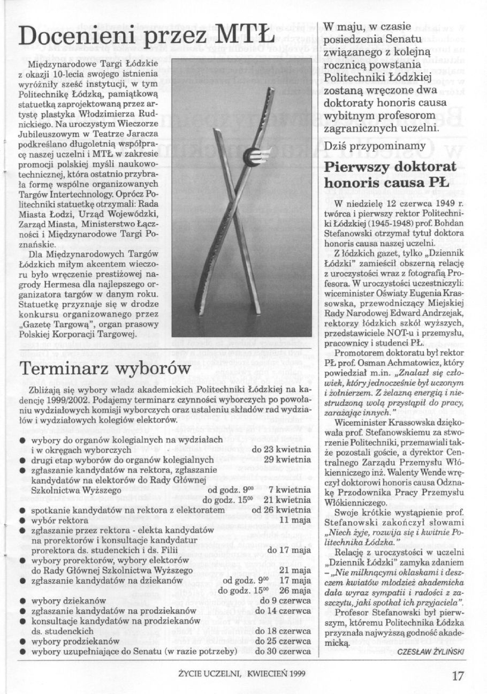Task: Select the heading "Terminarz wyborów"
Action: click(x=105, y=369)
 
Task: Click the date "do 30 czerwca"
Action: click(x=283, y=652)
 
